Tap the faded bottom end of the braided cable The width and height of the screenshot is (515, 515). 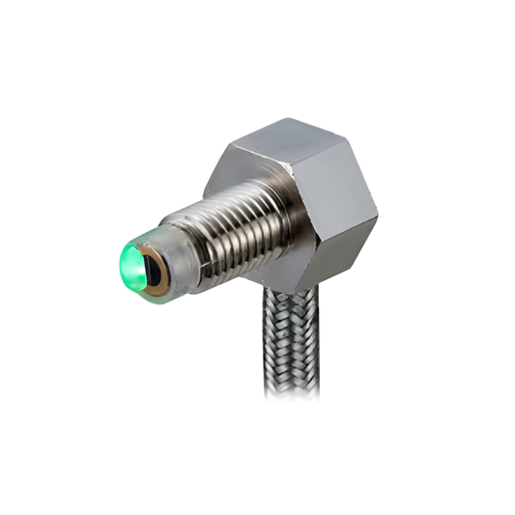288,386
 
